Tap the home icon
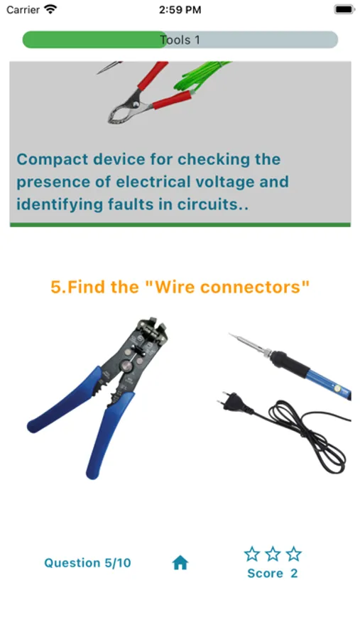click(180, 563)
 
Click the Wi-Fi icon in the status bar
click(50, 9)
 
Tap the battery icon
click(344, 9)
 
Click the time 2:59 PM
click(180, 10)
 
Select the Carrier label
click(23, 10)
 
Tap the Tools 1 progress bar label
click(180, 40)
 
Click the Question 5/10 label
click(87, 563)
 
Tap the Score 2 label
click(273, 574)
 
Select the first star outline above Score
click(252, 554)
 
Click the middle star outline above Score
click(273, 554)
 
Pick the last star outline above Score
click(293, 554)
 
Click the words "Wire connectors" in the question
click(227, 287)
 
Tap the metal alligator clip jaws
click(125, 109)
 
